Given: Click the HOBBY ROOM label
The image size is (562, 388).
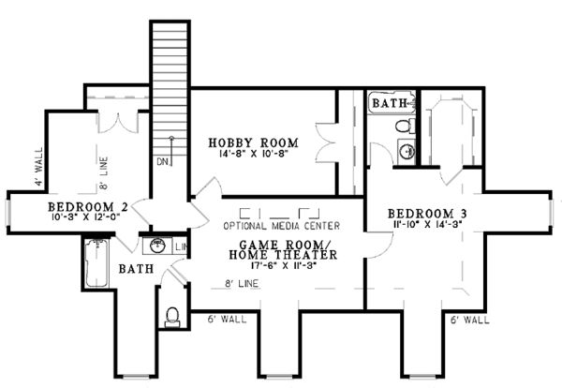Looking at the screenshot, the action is (x=254, y=142).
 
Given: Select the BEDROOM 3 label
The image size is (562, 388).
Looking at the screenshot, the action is (x=427, y=214).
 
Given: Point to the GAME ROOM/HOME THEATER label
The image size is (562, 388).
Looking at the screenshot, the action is (x=283, y=250).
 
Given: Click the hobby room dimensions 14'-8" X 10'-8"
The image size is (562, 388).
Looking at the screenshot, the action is (x=254, y=154).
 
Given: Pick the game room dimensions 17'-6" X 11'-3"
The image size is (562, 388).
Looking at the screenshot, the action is (x=283, y=266).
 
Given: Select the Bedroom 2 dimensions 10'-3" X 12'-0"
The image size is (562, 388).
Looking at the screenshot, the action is (x=85, y=216).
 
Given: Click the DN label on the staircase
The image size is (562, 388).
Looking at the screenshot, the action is (x=163, y=162).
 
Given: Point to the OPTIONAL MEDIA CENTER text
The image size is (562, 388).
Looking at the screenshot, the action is (x=282, y=226).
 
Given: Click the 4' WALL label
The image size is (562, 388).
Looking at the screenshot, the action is (x=38, y=166).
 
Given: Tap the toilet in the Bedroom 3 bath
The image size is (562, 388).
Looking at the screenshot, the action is (x=406, y=126).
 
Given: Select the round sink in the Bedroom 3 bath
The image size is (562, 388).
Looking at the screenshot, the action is (x=407, y=152).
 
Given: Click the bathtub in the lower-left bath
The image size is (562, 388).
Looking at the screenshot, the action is (x=96, y=262).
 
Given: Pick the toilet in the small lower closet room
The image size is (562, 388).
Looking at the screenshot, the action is (x=172, y=318).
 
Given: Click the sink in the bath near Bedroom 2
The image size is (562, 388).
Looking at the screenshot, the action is (x=157, y=246).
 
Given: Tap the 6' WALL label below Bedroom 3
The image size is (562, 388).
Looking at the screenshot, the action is (x=470, y=320).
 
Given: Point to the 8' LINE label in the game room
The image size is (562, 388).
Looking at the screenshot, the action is (x=242, y=284).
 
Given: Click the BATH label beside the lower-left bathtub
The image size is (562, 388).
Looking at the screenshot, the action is (x=136, y=269).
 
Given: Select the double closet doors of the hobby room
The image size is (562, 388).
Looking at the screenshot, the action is (x=325, y=143).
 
